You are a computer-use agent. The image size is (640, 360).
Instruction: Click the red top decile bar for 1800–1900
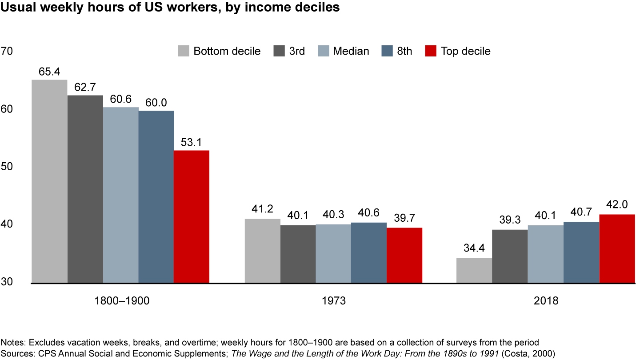[191, 216]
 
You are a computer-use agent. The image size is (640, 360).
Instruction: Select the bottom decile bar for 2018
[474, 270]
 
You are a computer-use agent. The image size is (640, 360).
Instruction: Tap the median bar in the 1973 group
[333, 253]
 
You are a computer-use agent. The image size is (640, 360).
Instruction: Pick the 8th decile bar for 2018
[581, 252]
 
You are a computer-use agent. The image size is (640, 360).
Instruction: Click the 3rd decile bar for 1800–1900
[85, 189]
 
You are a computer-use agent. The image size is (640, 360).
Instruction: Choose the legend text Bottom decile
[227, 51]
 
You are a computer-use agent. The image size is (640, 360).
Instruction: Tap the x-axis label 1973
[333, 301]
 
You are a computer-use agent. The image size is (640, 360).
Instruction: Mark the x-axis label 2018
[546, 301]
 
